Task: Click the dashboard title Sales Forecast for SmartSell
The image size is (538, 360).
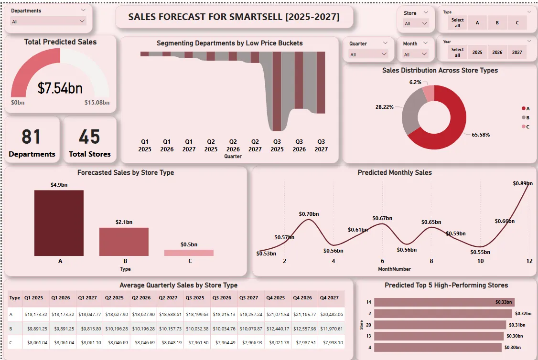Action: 234,17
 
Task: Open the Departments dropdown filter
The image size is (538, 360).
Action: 48,21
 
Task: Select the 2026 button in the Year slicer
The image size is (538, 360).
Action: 497,53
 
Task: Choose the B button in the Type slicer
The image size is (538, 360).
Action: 497,23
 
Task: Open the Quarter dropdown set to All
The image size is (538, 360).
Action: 368,54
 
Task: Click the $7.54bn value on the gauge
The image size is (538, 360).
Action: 60,88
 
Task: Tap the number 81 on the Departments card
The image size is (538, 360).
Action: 32,137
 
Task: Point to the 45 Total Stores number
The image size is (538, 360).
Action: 89,137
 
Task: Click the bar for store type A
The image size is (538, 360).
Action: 59,223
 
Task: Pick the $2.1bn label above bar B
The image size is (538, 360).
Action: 124,222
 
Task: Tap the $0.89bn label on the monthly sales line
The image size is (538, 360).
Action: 522,183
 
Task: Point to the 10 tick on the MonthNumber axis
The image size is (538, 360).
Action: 480,261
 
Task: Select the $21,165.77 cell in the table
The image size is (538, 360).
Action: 305,314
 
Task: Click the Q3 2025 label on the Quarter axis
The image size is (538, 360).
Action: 277,145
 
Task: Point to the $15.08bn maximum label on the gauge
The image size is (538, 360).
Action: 97,102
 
